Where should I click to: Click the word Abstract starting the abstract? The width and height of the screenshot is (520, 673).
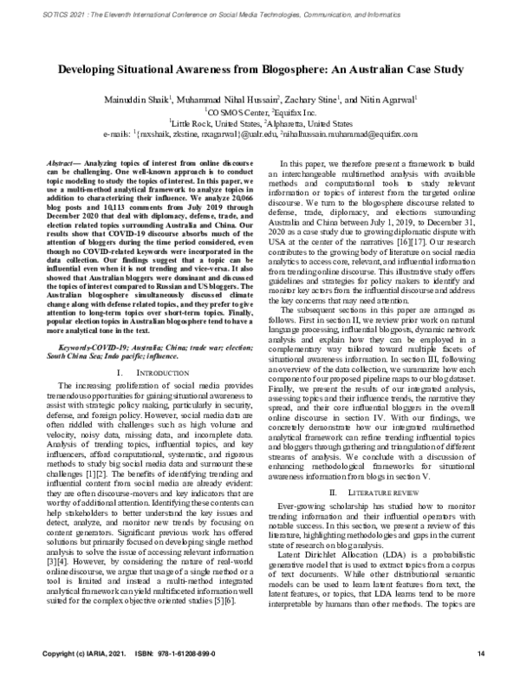[x=58, y=163]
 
